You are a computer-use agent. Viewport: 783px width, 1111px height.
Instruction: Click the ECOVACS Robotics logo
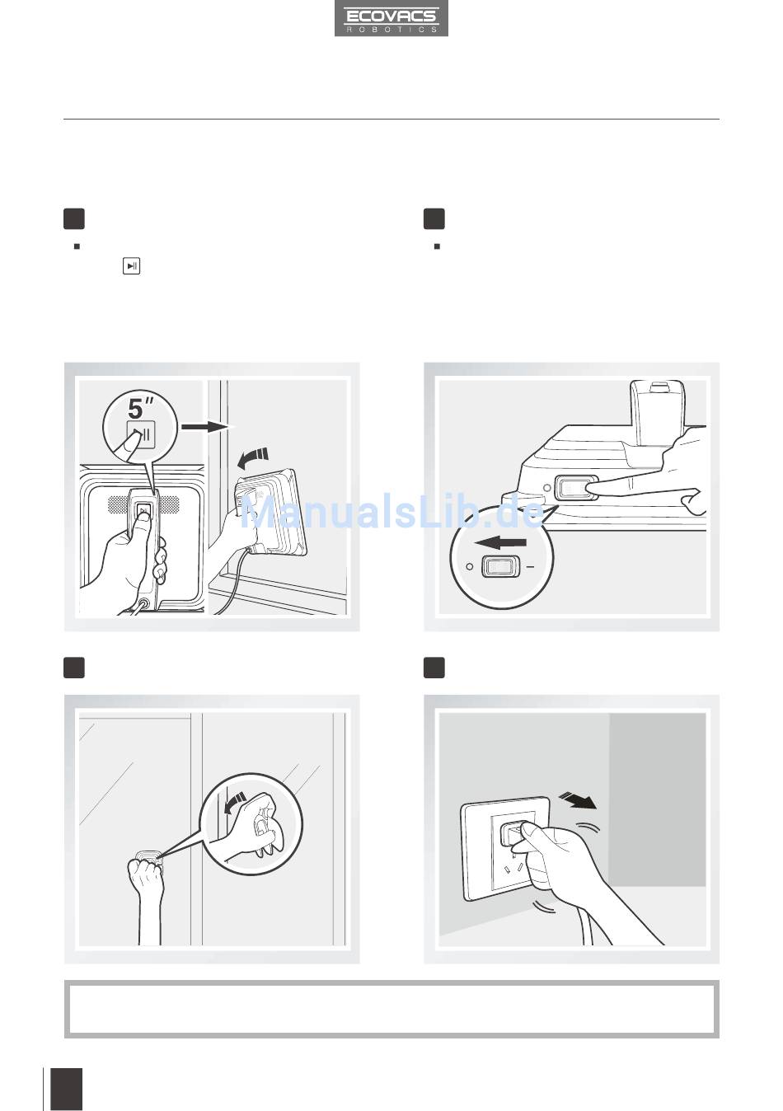(x=391, y=18)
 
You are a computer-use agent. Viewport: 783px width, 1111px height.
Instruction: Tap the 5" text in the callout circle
(x=140, y=408)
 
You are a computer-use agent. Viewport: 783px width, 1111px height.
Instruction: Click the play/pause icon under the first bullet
(x=131, y=266)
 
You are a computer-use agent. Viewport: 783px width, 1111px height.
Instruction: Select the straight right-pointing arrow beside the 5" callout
(x=208, y=427)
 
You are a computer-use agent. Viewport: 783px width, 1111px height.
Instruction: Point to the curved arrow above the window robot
(x=253, y=457)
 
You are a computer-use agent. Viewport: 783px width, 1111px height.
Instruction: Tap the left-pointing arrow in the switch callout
(x=500, y=542)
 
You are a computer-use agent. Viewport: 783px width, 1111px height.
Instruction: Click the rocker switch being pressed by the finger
(x=574, y=488)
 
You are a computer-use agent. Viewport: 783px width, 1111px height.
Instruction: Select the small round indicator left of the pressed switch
(x=547, y=488)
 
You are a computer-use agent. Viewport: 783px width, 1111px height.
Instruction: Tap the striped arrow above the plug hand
(x=578, y=799)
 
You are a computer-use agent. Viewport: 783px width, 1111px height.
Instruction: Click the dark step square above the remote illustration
(x=74, y=218)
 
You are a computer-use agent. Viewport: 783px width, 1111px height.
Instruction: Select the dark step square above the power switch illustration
(x=434, y=218)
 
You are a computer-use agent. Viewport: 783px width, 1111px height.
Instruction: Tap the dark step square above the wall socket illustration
(x=434, y=668)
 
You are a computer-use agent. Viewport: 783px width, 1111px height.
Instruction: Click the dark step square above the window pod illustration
(x=74, y=668)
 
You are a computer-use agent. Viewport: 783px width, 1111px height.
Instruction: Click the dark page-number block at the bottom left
(x=67, y=1090)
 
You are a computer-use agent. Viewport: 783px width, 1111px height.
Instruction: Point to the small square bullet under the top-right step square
(x=437, y=246)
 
